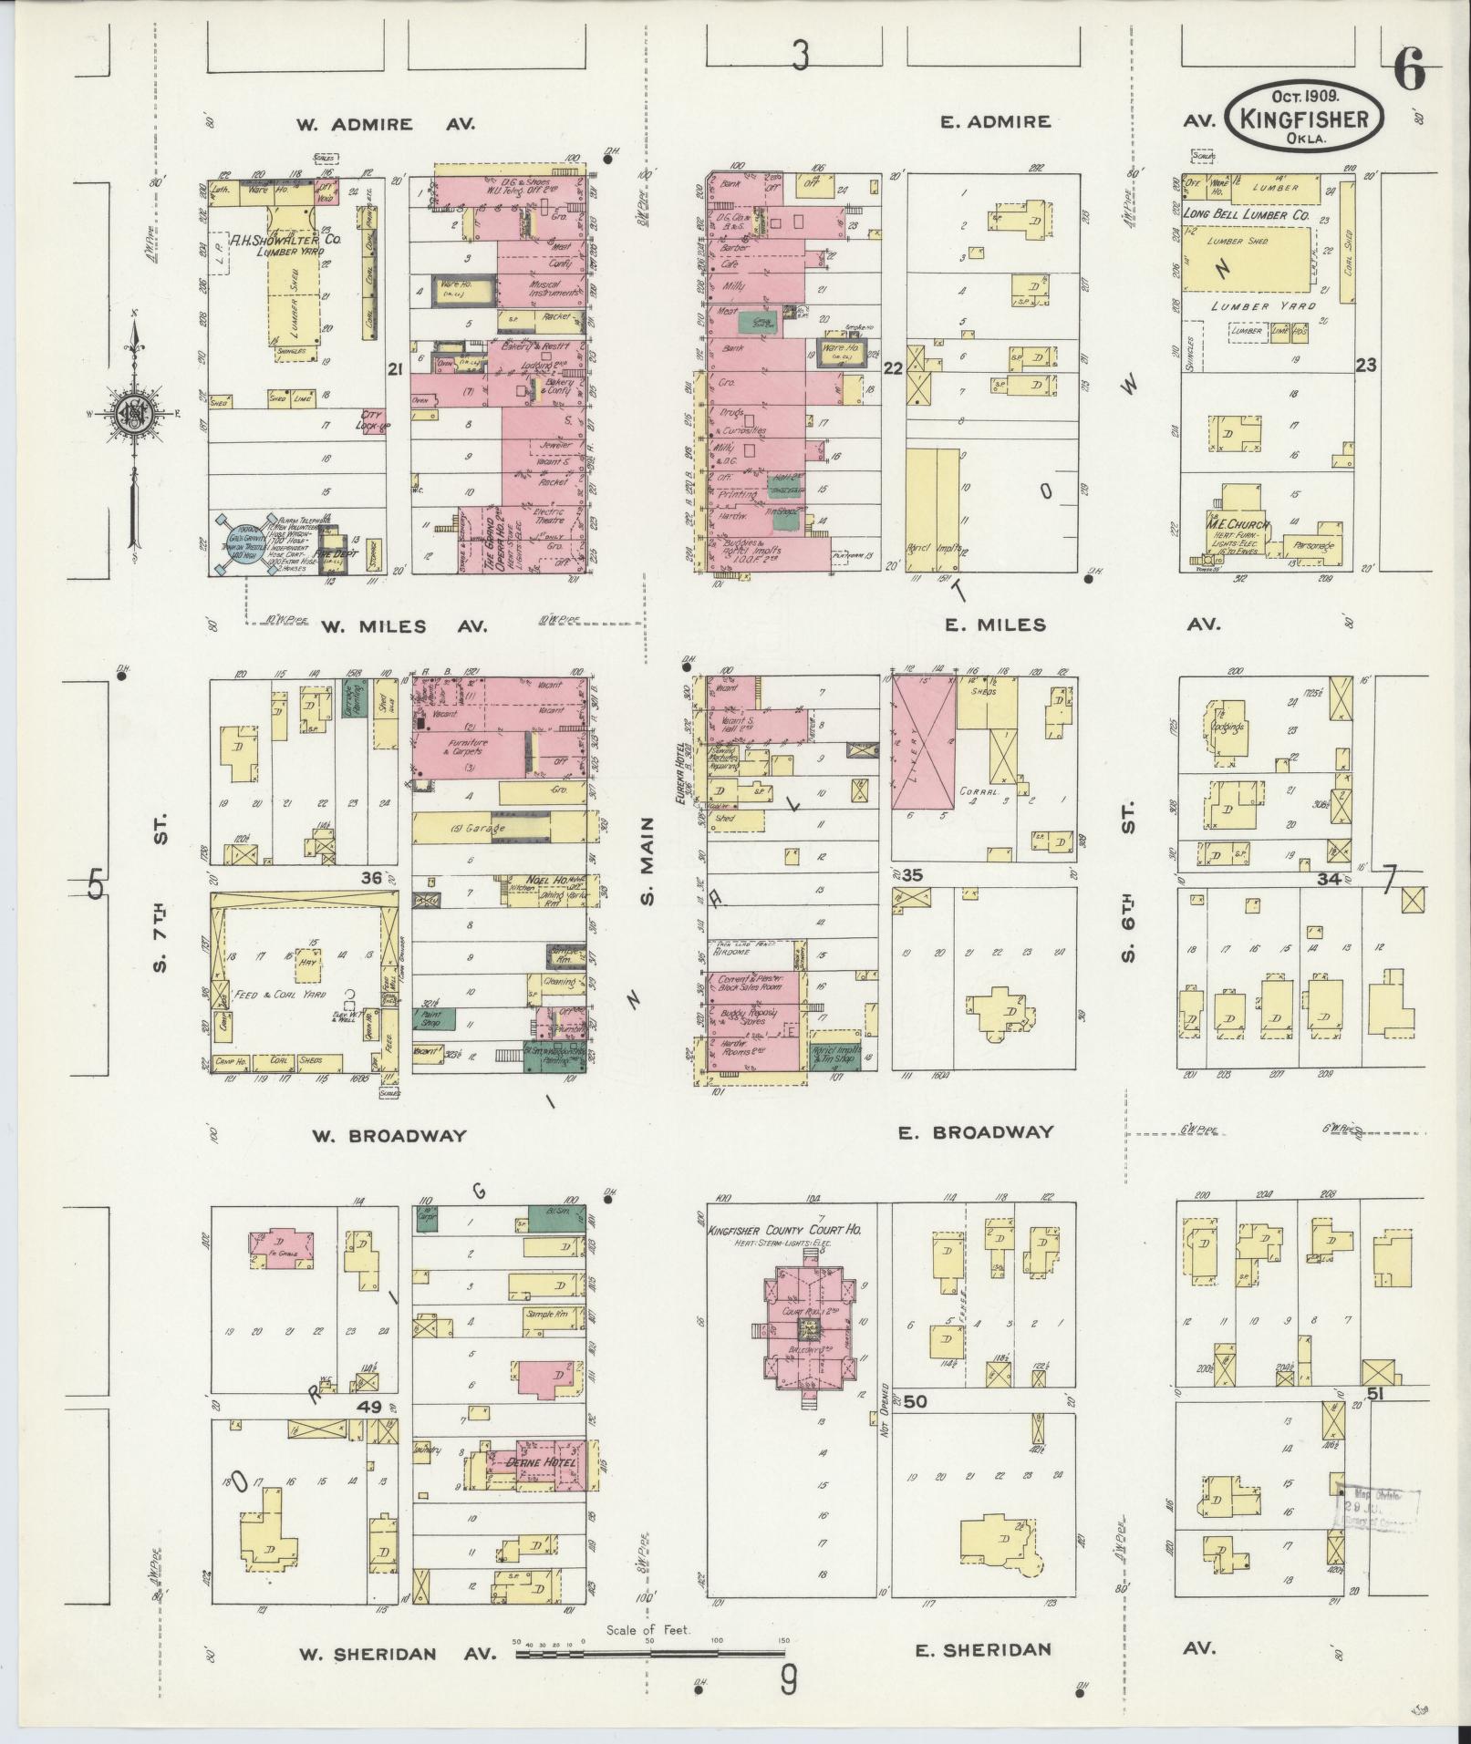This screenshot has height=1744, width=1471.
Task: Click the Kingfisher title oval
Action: (1305, 116)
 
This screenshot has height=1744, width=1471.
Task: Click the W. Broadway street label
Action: (389, 1136)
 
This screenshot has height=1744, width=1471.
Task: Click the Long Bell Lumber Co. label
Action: (1246, 215)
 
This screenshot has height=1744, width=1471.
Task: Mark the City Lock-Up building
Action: (373, 420)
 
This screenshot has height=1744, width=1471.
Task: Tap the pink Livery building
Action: (924, 744)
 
